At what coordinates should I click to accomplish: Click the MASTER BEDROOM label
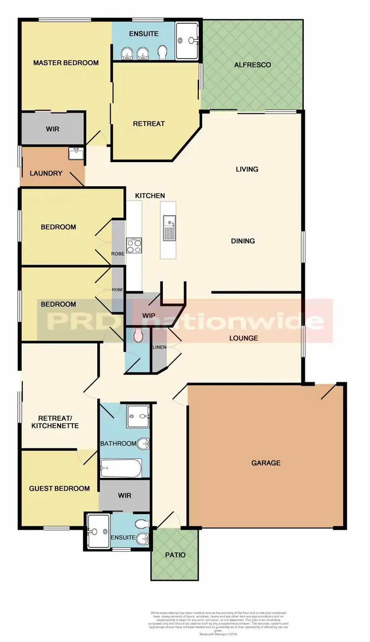66,63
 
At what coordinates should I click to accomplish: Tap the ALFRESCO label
252,65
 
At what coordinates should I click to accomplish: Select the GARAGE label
266,463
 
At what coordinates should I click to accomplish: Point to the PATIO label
175,555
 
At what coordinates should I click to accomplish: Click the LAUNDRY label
46,173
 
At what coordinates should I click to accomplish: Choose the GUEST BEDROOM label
59,488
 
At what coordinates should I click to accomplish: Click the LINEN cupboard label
159,347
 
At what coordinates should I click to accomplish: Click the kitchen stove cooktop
134,245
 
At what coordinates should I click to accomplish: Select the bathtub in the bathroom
121,468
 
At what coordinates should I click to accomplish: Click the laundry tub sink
76,154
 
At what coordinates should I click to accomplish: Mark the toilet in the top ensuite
162,52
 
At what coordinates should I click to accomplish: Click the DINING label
243,241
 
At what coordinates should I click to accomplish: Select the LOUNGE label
244,338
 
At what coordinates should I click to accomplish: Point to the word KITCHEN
150,196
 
